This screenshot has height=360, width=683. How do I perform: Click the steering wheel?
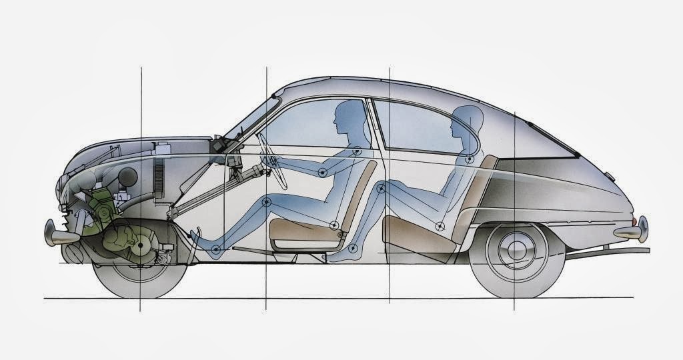pos(273,161)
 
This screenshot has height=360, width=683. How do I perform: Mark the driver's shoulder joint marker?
pos(358,151)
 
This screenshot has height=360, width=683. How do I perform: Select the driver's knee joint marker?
pos(267,202)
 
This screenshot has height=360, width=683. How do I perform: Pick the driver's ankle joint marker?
pos(215,250)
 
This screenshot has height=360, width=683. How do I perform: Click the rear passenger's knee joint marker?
pos(381,189)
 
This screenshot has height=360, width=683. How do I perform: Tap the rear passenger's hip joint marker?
pos(440,227)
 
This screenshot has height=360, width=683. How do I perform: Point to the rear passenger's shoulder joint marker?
pos(470,159)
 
